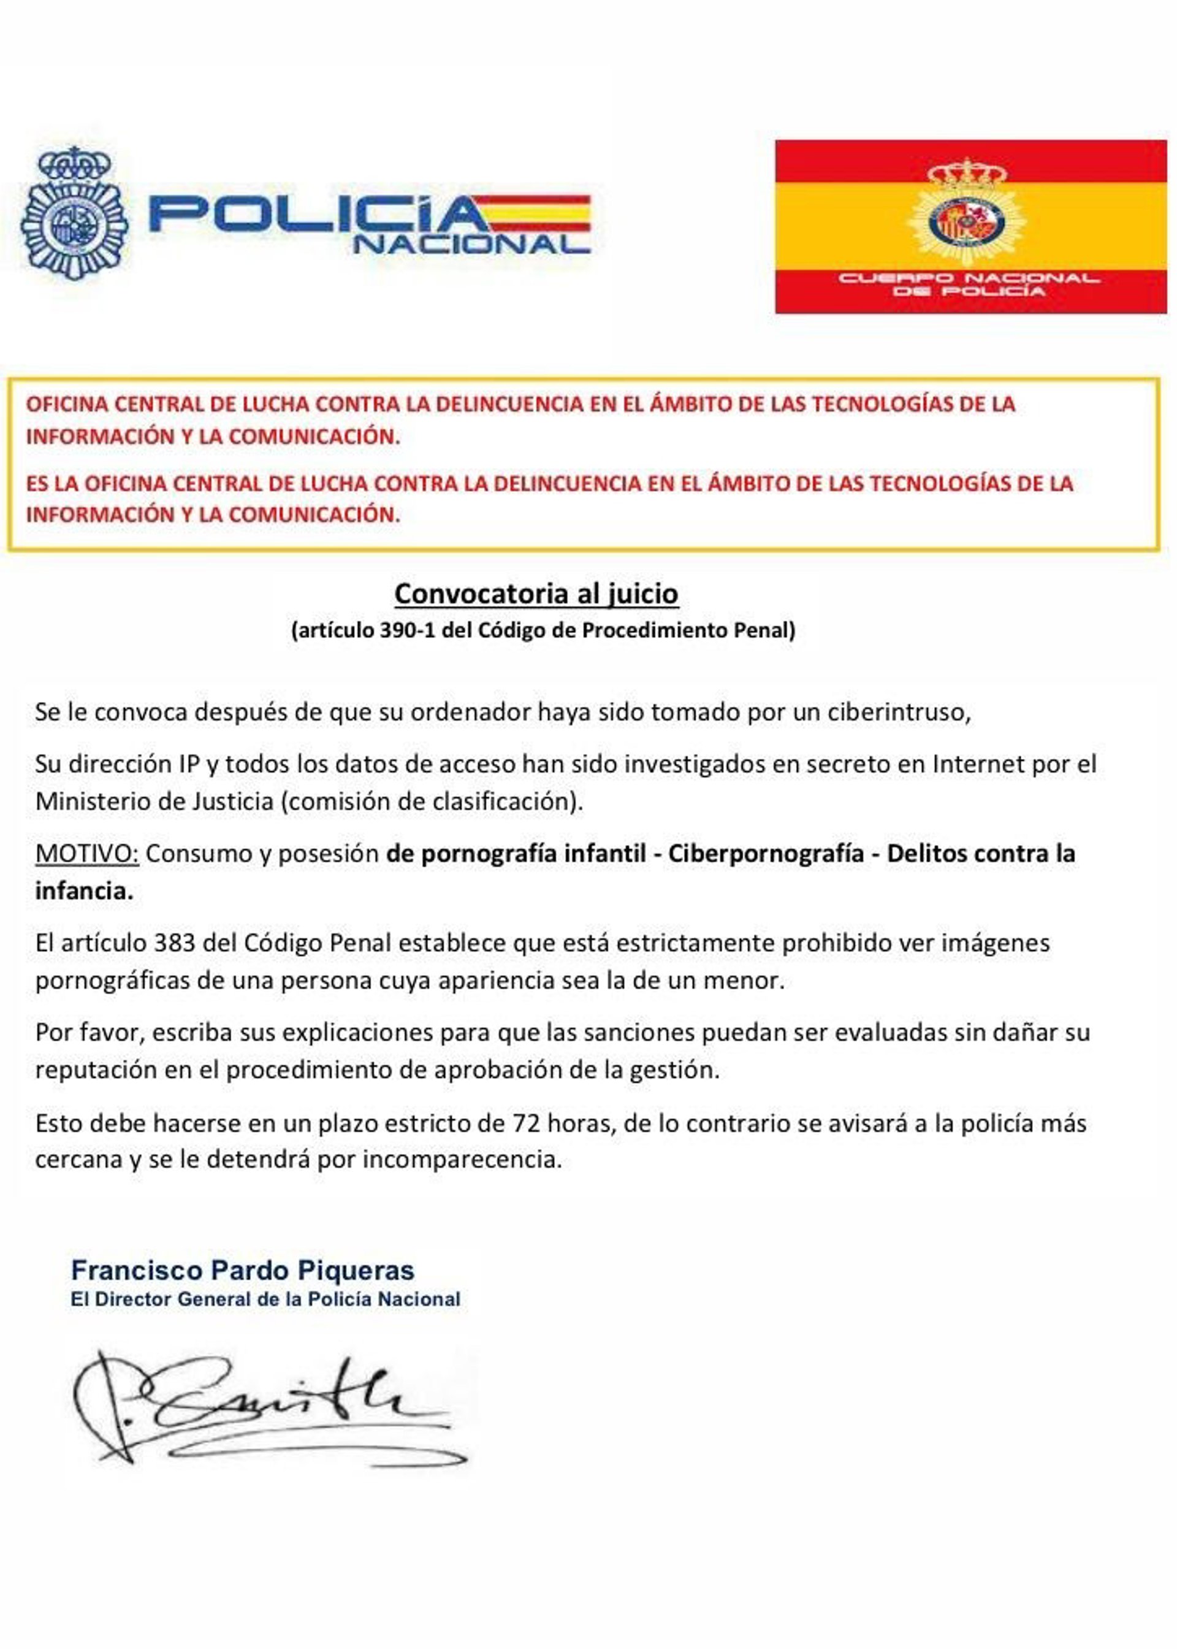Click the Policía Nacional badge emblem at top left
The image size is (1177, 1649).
coord(75,214)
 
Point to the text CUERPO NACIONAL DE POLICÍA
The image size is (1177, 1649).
coord(969,284)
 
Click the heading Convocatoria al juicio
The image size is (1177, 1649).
coord(536,594)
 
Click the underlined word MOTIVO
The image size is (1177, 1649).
coord(87,854)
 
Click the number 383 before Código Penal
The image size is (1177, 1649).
coord(175,943)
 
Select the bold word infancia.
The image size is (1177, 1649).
coord(84,891)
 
